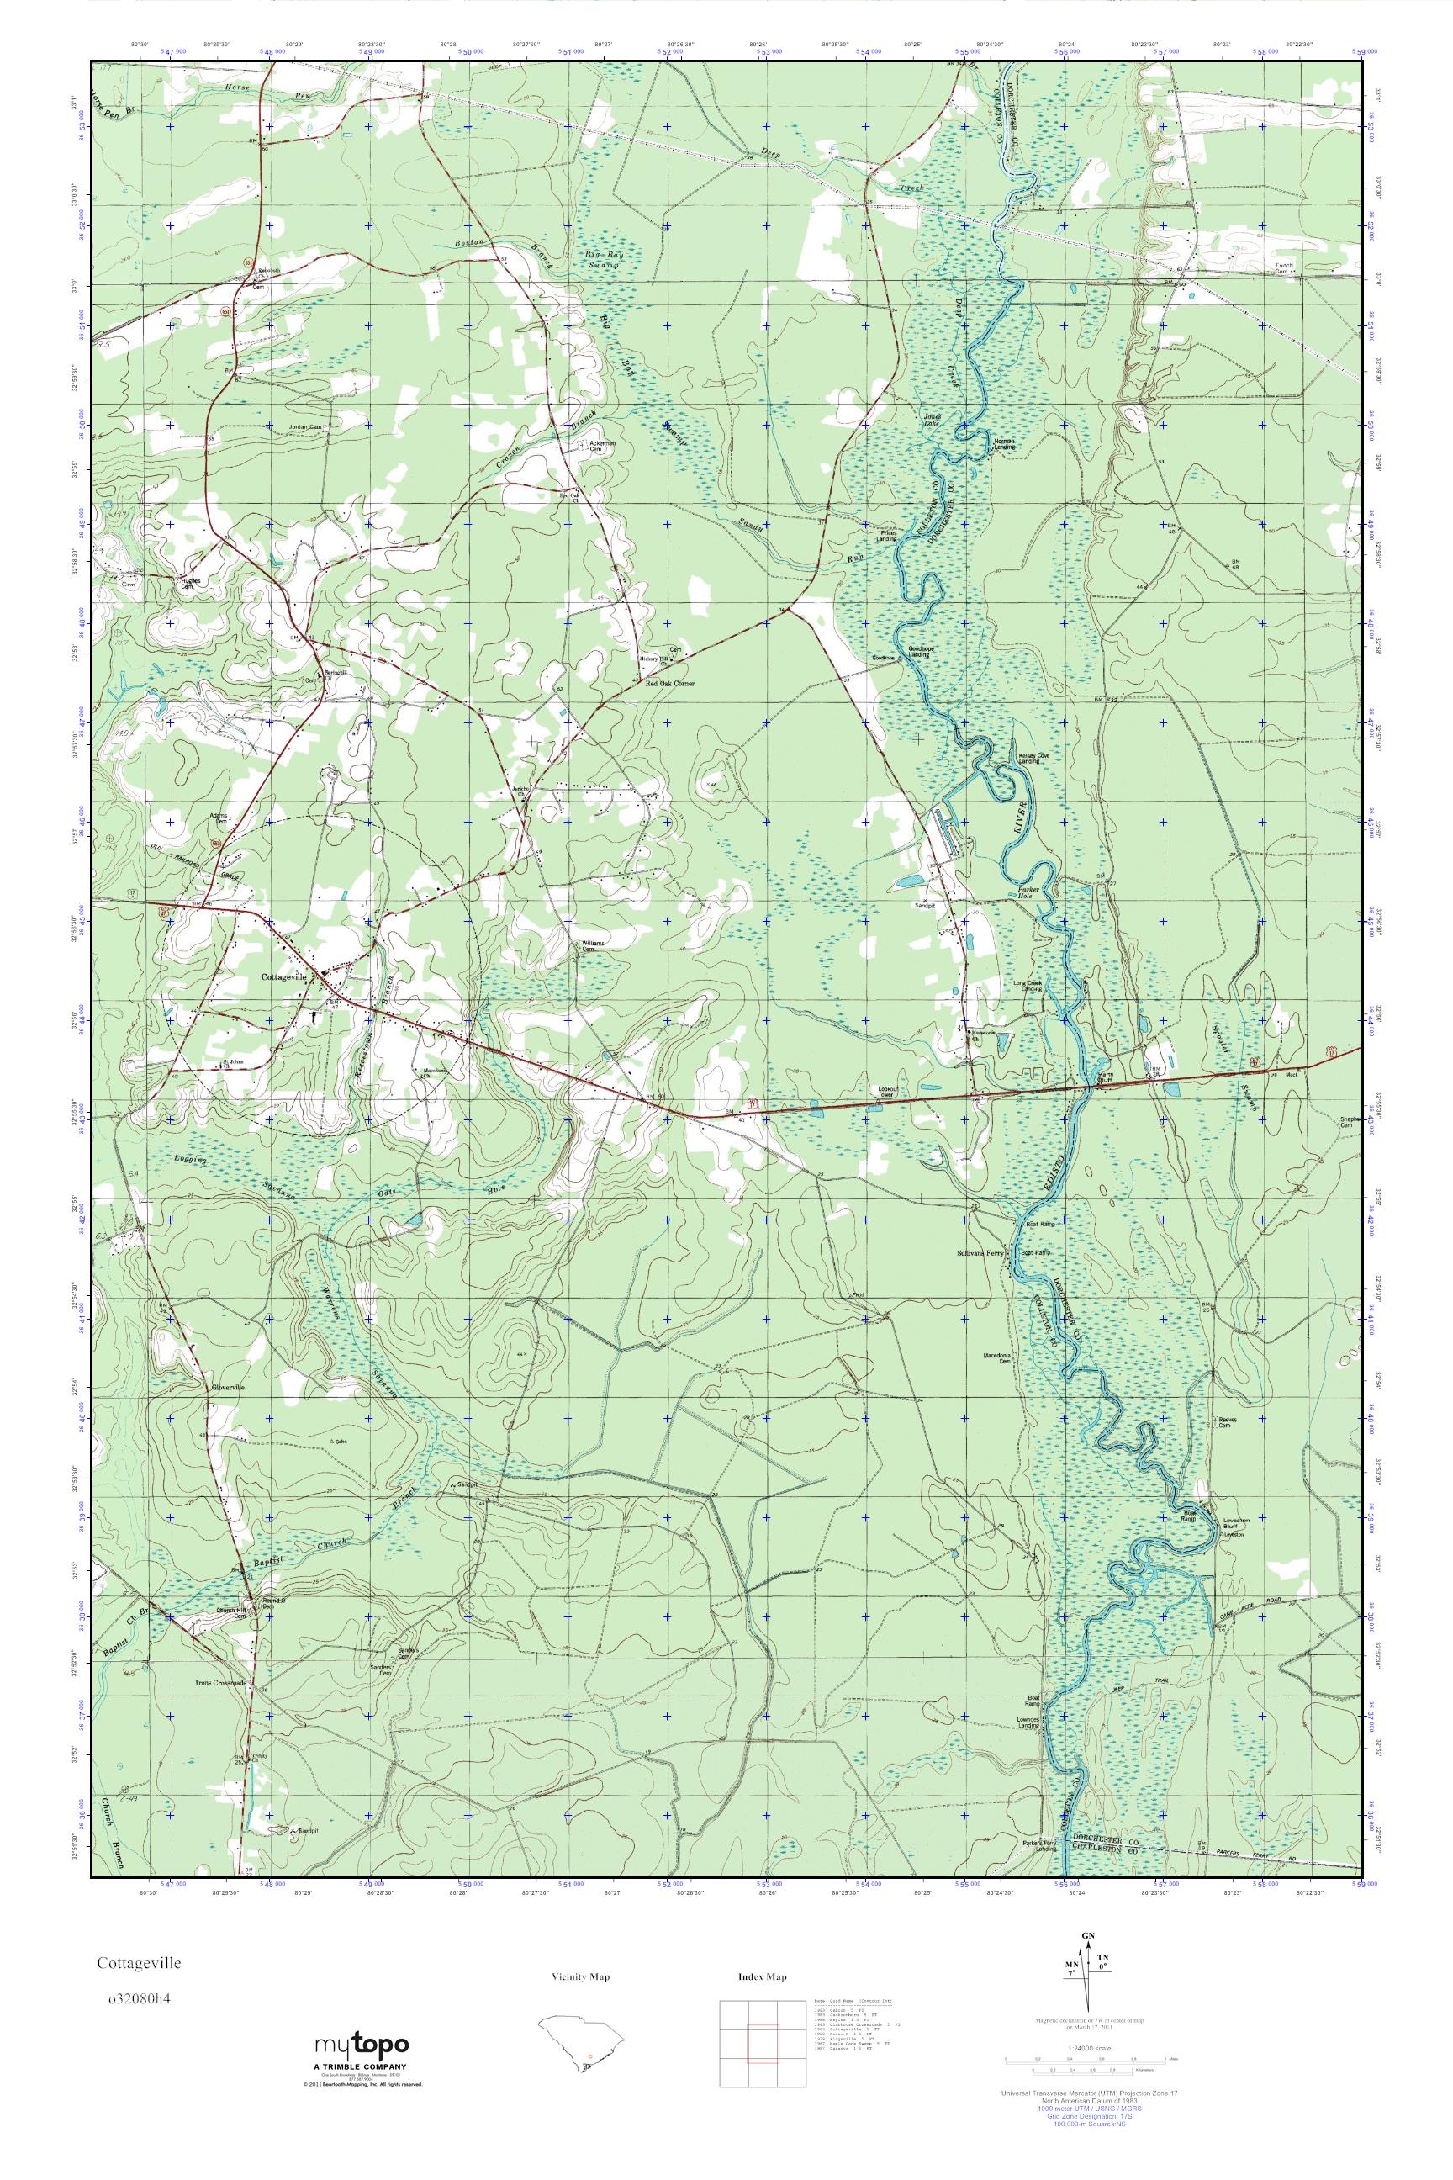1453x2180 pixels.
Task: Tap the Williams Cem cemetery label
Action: point(593,945)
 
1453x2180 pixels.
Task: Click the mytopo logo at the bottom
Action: point(363,2050)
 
